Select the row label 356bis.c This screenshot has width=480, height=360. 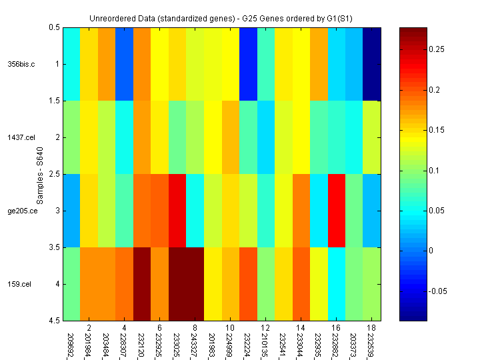pos(21,65)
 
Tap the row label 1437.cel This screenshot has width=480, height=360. pos(21,138)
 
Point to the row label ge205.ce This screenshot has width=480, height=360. pos(21,211)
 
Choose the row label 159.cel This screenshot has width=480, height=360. pos(19,285)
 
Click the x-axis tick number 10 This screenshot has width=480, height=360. pos(229,329)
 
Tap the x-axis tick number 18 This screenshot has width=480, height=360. pos(371,329)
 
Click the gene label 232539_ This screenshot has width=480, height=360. pos(371,343)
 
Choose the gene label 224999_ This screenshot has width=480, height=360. pos(229,343)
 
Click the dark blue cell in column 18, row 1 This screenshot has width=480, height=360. pos(371,65)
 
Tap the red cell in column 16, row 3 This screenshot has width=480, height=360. pos(336,211)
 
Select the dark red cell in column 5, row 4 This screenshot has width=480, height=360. pos(141,284)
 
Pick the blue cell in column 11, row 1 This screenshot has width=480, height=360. pos(247,65)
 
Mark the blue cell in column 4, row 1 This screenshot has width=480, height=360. pos(124,65)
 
